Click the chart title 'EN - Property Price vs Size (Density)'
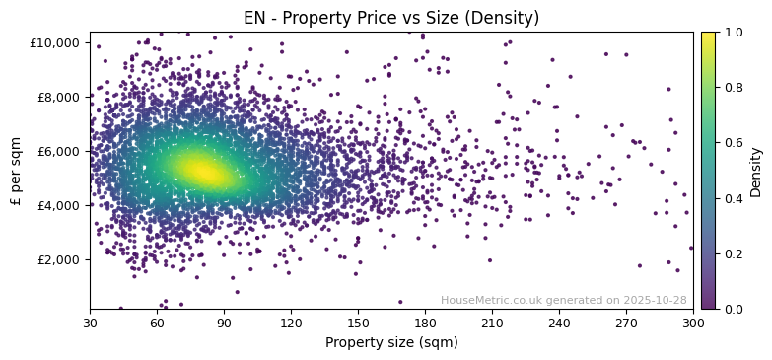[391, 18]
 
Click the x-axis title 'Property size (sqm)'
[391, 343]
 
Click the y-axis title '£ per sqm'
[16, 171]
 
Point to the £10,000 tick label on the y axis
[56, 42]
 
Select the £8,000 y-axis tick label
[59, 97]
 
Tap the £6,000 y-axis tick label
[59, 151]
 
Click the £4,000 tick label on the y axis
[59, 205]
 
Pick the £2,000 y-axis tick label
[59, 259]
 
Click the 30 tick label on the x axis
[90, 323]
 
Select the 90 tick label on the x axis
[224, 323]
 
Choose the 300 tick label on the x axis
[693, 323]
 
